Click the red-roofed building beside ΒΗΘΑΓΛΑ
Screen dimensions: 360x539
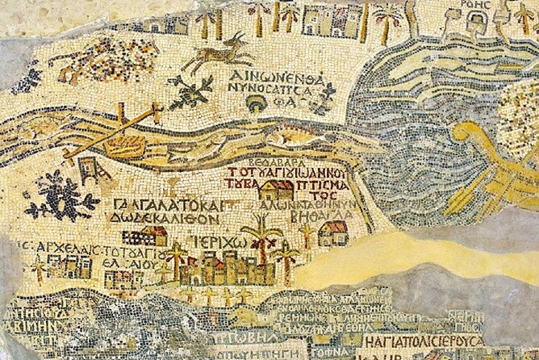(x=332, y=233)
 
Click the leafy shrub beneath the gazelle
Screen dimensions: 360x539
(x=192, y=91)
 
